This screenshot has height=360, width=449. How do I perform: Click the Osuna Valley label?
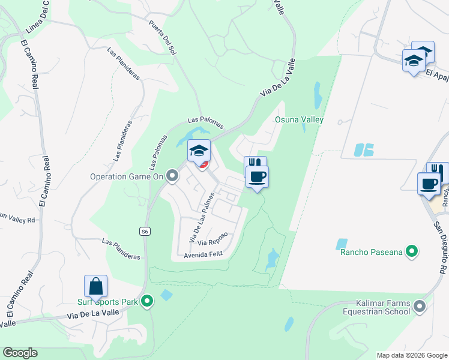(x=299, y=119)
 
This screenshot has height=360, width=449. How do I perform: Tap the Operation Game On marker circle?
(x=173, y=176)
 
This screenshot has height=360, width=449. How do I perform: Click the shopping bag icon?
(x=95, y=286)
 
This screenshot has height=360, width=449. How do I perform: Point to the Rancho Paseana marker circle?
(x=412, y=251)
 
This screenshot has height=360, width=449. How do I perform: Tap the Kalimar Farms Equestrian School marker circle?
(x=420, y=307)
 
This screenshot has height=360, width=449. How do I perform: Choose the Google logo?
(x=20, y=353)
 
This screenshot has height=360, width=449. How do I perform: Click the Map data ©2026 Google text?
(x=412, y=355)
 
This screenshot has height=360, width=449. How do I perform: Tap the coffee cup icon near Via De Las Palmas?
(x=256, y=177)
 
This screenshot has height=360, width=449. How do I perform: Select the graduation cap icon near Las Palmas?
(x=199, y=151)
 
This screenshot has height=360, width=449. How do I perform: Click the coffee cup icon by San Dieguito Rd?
(x=429, y=184)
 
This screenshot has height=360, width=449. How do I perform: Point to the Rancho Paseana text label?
(x=370, y=252)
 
